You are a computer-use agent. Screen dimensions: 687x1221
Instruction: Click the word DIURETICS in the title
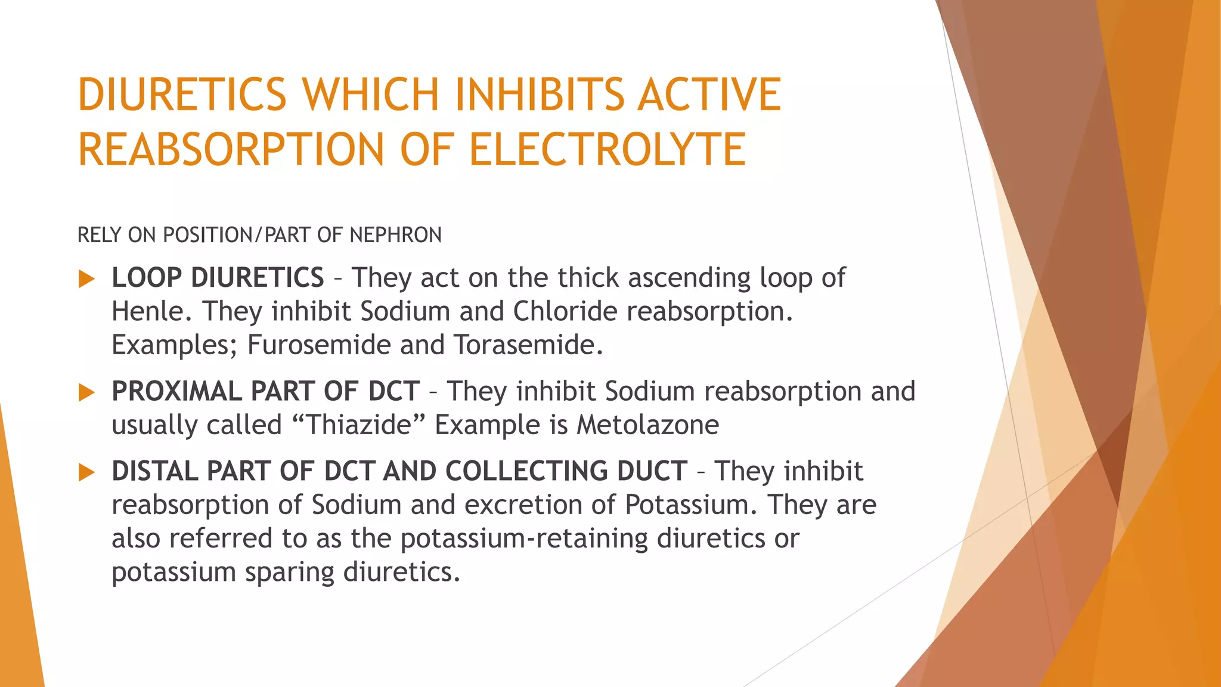pyautogui.click(x=182, y=94)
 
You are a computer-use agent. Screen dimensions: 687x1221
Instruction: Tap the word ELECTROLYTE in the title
pyautogui.click(x=607, y=149)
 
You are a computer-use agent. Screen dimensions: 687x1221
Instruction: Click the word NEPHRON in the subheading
pyautogui.click(x=396, y=235)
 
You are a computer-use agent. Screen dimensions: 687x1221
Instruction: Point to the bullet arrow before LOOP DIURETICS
pyautogui.click(x=87, y=278)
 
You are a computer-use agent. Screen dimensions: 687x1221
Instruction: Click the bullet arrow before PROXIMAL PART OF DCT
pyautogui.click(x=87, y=392)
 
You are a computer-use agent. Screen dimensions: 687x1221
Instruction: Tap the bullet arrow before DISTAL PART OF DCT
pyautogui.click(x=87, y=472)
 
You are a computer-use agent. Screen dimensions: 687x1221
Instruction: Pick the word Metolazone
pyautogui.click(x=647, y=425)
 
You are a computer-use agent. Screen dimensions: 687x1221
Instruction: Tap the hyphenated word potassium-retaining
pyautogui.click(x=523, y=539)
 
